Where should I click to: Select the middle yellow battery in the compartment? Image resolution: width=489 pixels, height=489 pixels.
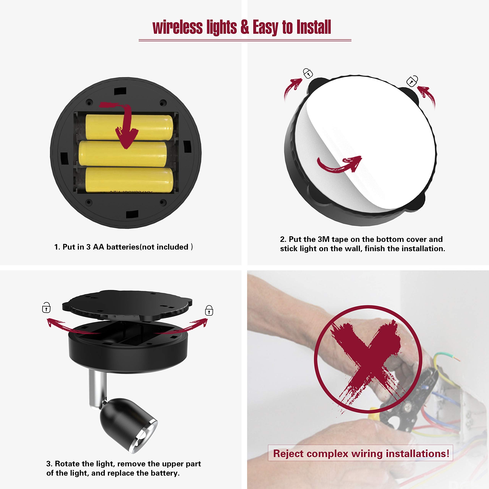point(123,154)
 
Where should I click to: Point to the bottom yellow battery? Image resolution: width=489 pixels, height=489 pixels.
point(129,180)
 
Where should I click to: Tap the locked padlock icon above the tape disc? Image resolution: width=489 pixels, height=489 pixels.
point(308,73)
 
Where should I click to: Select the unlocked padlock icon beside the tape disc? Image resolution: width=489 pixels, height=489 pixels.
point(412,81)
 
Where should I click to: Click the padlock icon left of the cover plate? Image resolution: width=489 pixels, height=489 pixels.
point(46,308)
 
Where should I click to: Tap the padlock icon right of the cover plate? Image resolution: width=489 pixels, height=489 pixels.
point(209,311)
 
